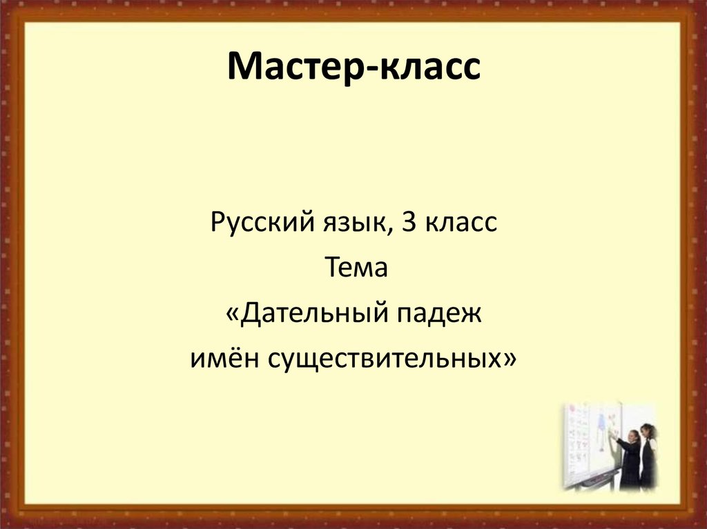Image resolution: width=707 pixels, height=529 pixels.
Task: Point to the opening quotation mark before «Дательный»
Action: tap(232, 315)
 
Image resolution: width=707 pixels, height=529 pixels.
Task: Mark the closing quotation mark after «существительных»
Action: tap(510, 360)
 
